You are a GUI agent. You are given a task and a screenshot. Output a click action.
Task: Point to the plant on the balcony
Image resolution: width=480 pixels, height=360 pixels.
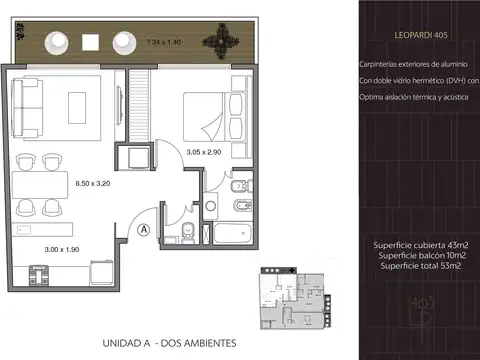point(217,41)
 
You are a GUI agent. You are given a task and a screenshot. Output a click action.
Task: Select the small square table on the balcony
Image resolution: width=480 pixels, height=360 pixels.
point(90,41)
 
